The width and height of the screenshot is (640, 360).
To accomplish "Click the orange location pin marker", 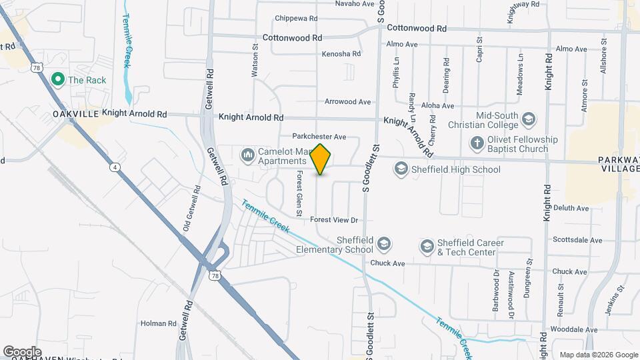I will click(321, 159).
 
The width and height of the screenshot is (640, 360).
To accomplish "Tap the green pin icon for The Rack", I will click(57, 80).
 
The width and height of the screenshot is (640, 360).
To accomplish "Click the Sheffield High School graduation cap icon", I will click(401, 169).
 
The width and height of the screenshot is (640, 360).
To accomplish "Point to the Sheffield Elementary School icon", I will click(383, 245).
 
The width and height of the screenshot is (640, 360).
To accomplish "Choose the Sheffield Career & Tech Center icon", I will click(427, 247).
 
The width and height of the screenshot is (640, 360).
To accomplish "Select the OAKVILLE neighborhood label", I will click(75, 115).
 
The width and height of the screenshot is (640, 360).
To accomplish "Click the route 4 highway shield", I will click(115, 168).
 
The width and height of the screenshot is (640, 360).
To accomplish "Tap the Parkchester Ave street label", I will click(319, 137).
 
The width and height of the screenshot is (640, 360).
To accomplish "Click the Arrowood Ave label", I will click(347, 102).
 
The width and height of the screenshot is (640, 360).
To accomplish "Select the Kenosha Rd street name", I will click(341, 53).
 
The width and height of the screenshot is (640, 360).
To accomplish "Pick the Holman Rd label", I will click(158, 323).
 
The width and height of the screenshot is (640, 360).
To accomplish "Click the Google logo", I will click(22, 351).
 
